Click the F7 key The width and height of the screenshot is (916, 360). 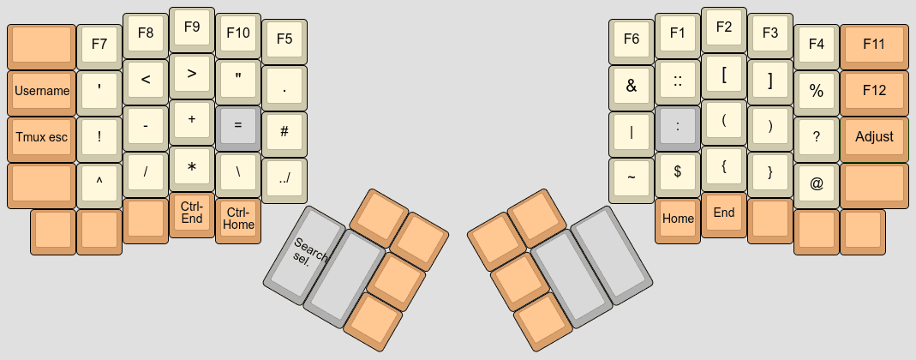pyautogui.click(x=99, y=45)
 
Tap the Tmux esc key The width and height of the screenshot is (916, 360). pyautogui.click(x=41, y=136)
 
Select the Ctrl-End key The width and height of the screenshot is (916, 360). pyautogui.click(x=191, y=212)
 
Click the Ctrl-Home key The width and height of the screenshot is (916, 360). pyautogui.click(x=237, y=219)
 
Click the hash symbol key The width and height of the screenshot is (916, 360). pyautogui.click(x=284, y=130)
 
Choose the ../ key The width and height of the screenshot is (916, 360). pyautogui.click(x=284, y=177)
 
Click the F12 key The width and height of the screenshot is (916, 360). pyautogui.click(x=874, y=90)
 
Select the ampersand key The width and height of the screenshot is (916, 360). pyautogui.click(x=632, y=85)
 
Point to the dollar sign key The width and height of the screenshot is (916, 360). pyautogui.click(x=678, y=171)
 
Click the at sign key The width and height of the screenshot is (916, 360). pyautogui.click(x=817, y=183)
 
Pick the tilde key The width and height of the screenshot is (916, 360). pyautogui.click(x=632, y=177)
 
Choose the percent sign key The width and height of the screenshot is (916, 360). pyautogui.click(x=817, y=90)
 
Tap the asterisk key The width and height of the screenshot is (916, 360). pyautogui.click(x=191, y=165)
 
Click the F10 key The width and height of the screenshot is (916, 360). pyautogui.click(x=237, y=33)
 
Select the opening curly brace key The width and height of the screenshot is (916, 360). pyautogui.click(x=724, y=165)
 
